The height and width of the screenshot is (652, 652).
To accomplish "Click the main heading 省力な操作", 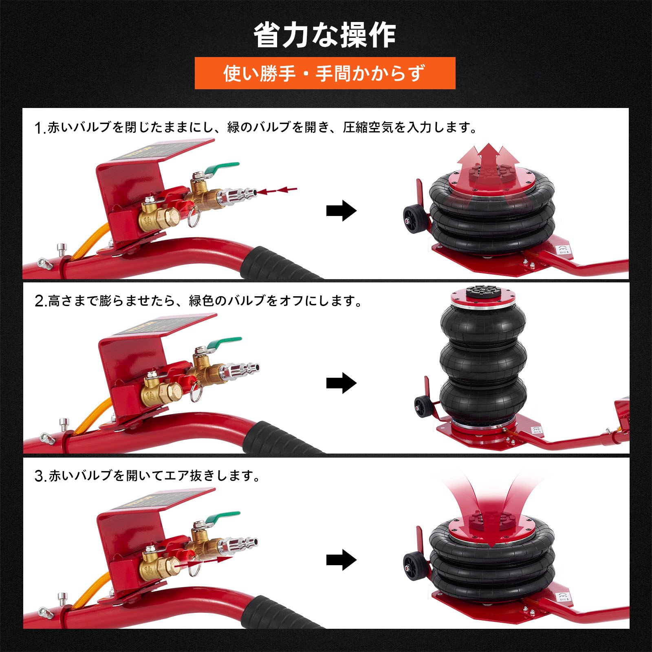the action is tap(325, 35).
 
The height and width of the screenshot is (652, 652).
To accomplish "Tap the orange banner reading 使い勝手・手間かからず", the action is tap(325, 73).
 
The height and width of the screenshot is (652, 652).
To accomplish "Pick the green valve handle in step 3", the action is tap(222, 518).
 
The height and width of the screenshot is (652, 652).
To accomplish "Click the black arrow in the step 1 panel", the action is tap(341, 211).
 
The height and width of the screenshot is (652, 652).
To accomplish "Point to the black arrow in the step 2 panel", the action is tap(341, 383).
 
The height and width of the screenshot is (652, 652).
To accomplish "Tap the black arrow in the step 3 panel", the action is tap(341, 559).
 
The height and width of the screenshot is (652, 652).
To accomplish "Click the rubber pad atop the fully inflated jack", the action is tap(483, 292).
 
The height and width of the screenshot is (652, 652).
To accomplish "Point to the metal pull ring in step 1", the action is tap(194, 219).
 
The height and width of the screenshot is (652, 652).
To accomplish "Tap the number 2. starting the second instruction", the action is tap(41, 301).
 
